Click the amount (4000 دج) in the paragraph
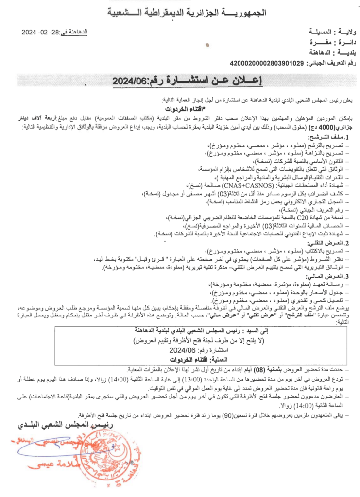pos(335,126)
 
